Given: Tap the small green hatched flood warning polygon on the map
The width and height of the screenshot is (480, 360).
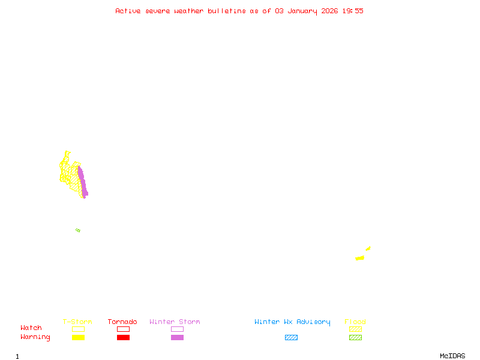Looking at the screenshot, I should click(78, 230).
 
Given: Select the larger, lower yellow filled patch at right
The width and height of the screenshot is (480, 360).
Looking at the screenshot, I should click(360, 258).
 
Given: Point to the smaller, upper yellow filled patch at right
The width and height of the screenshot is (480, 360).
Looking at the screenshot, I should click(368, 248).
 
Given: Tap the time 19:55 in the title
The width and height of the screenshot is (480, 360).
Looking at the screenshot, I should click(353, 11).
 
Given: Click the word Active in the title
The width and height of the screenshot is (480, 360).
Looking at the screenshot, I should click(128, 11).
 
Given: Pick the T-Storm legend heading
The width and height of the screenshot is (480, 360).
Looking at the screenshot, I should click(77, 322).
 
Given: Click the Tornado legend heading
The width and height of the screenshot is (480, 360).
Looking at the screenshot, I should click(122, 322).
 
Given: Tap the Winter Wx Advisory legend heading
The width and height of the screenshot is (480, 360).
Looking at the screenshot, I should click(292, 322).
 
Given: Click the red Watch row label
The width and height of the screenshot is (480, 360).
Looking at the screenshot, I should click(31, 328).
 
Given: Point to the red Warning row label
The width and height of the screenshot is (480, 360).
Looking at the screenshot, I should click(35, 337).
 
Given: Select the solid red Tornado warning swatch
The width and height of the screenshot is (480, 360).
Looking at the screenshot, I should click(123, 338).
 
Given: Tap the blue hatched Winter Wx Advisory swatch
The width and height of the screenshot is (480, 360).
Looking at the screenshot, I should click(291, 338).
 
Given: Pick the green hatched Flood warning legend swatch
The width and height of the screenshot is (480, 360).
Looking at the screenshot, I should click(355, 338).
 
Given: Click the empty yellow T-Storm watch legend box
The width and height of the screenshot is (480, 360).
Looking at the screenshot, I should click(78, 329).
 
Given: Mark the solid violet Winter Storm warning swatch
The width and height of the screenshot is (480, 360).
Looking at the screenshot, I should click(177, 338).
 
